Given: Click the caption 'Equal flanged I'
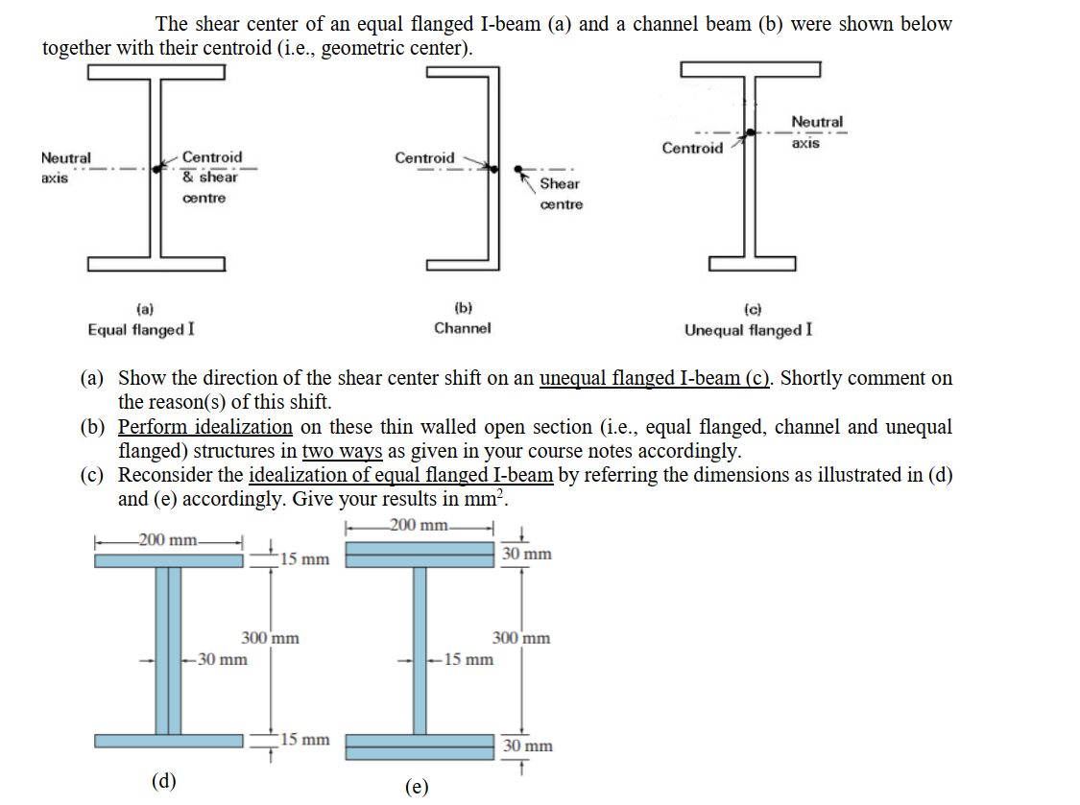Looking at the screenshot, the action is coord(141,329).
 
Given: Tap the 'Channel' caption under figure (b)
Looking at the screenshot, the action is coord(462,328).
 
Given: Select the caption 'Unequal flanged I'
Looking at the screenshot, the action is coord(748,329).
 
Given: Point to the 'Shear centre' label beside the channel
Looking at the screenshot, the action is coord(561,193).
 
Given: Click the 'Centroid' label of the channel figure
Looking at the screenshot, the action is coord(424,157).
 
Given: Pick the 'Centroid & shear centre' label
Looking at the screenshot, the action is coord(211,176).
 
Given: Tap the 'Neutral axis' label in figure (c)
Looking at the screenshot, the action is coord(817,131).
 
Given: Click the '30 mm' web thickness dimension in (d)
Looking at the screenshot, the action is coord(221,659).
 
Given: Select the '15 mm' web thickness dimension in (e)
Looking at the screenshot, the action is coord(468,659).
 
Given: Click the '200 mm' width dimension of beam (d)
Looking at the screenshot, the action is coord(167,540).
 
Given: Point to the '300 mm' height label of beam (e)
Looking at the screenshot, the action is coord(521,637).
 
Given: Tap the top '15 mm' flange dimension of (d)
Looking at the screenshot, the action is coord(305,558).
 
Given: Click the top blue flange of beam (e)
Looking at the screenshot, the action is coord(420,556).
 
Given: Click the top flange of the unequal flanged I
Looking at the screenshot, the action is coord(750,68).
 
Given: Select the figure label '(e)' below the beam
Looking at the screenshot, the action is coord(417,787).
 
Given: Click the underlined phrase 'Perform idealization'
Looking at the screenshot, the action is coord(204,426).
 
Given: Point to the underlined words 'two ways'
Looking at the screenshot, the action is coord(342,450).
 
